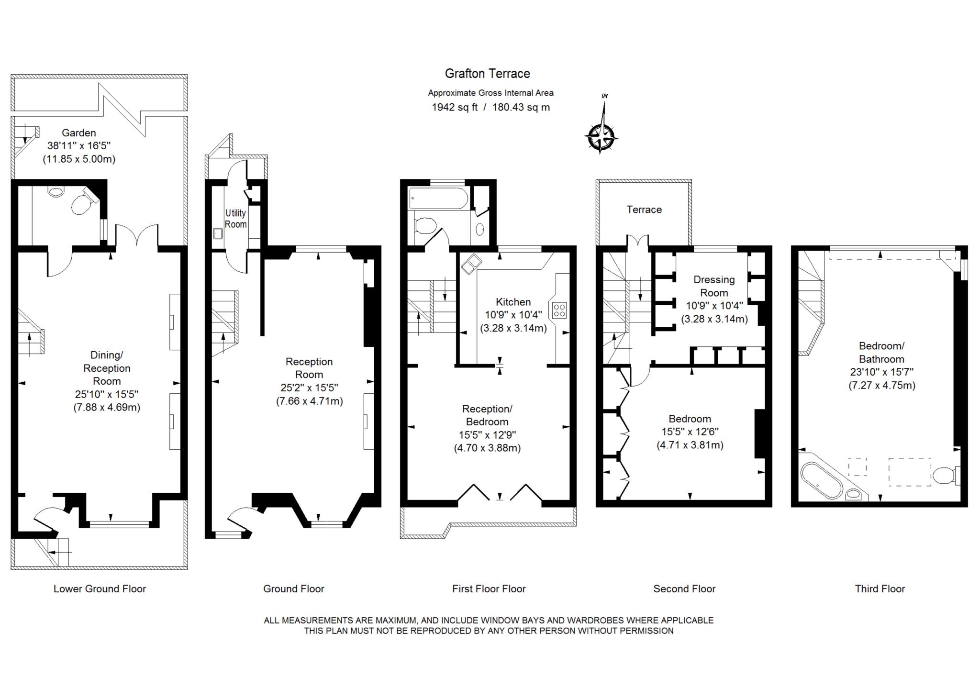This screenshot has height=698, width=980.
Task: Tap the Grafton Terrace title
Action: click(488, 74)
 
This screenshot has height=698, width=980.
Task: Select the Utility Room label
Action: click(236, 219)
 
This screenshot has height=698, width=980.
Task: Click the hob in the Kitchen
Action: click(559, 310)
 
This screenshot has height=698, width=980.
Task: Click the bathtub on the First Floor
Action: click(439, 199)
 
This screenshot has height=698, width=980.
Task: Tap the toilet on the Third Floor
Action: click(946, 476)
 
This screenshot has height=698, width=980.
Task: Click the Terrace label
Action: click(644, 210)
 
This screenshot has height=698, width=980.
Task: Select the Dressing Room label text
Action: click(714, 286)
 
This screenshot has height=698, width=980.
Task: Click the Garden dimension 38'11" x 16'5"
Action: click(79, 146)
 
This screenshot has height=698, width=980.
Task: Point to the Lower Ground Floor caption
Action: click(100, 589)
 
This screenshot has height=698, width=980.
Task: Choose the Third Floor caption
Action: click(880, 589)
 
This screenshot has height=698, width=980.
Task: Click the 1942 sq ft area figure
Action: click(455, 107)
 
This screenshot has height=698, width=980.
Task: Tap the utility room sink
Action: click(218, 233)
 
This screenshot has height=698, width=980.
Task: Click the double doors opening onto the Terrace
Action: click(637, 242)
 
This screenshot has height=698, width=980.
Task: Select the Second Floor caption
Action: click(684, 589)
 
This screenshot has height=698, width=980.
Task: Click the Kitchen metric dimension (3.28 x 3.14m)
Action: click(513, 328)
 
